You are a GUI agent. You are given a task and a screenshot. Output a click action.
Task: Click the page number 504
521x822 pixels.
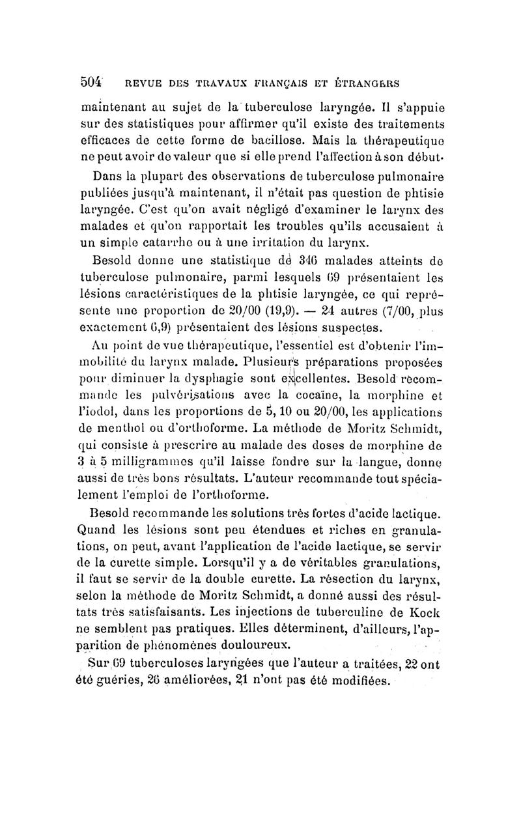[x=92, y=82]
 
